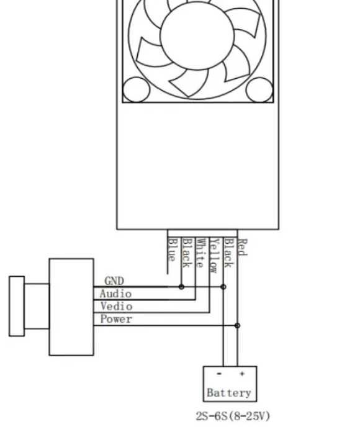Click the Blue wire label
click(x=173, y=250)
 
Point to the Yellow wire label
click(x=214, y=255)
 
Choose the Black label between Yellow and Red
click(x=228, y=253)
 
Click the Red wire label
click(x=242, y=248)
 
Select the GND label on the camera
click(x=114, y=281)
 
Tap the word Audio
click(x=115, y=294)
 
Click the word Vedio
click(x=116, y=306)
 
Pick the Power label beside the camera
click(x=116, y=319)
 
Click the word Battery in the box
click(x=229, y=392)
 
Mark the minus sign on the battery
click(x=219, y=374)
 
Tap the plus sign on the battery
click(x=241, y=374)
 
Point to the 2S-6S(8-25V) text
click(x=233, y=416)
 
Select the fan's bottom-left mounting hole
click(x=136, y=90)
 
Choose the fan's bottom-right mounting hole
click(x=259, y=90)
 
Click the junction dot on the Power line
click(x=237, y=325)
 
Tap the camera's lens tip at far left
click(x=16, y=306)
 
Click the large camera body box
click(x=71, y=307)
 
